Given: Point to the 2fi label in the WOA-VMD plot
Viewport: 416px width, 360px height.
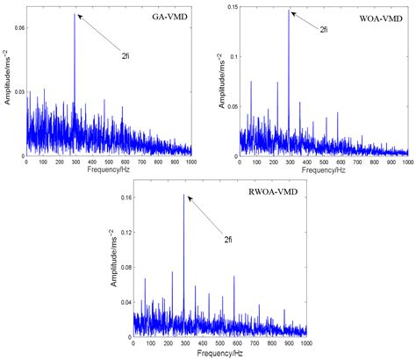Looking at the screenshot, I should (324, 29).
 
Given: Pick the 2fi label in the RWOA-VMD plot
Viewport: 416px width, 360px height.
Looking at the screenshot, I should (229, 238).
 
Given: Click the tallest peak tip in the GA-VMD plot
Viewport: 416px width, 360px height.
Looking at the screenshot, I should (75, 13).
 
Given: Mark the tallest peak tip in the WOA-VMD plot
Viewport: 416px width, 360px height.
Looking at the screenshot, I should (290, 10).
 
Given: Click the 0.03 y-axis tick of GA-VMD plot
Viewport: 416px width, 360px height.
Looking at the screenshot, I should (18, 91).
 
